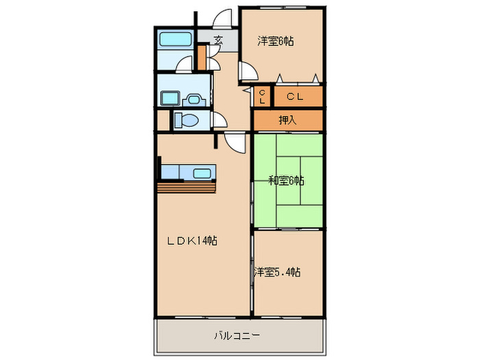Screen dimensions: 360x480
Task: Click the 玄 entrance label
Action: pyautogui.click(x=217, y=40)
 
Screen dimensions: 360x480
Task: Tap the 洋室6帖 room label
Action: pyautogui.click(x=276, y=41)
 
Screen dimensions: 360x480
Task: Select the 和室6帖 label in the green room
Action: pyautogui.click(x=286, y=181)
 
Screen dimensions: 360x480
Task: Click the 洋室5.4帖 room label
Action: pyautogui.click(x=277, y=272)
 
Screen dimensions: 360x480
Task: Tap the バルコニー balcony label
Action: pyautogui.click(x=237, y=336)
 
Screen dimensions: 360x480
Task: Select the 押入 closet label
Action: pyautogui.click(x=287, y=120)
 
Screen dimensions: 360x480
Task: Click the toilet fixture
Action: pyautogui.click(x=186, y=121)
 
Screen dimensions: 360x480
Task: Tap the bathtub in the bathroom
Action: pyautogui.click(x=176, y=40)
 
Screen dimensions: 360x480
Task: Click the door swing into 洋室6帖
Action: pyautogui.click(x=247, y=71)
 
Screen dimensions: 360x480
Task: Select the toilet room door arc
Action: pyautogui.click(x=220, y=121)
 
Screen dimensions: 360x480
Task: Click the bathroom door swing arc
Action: pyautogui.click(x=184, y=64)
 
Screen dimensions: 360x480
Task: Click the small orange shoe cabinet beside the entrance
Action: pyautogui.click(x=202, y=57)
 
